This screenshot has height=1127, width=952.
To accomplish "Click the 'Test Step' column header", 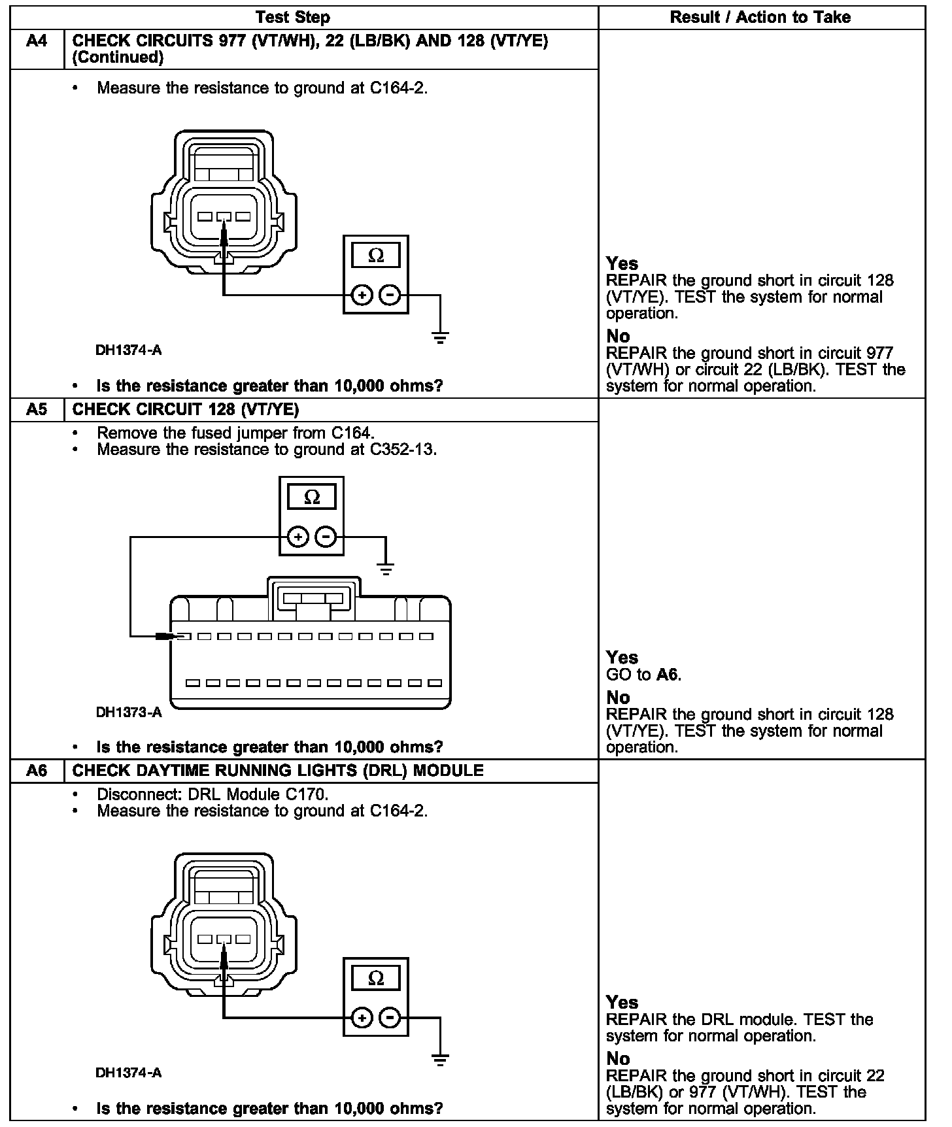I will (293, 18).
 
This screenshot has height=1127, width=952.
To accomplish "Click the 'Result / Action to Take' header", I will (760, 18).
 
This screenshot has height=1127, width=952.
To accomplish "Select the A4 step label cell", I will (37, 41).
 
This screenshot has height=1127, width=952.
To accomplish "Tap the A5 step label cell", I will (37, 410).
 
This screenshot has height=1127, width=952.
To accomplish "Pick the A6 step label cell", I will (37, 771).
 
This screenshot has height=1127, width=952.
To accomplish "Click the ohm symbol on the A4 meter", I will (376, 256).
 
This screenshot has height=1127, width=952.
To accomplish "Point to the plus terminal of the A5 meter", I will (298, 537).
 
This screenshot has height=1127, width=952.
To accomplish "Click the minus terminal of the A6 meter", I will (390, 1018).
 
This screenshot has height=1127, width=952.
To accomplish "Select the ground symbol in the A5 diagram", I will (386, 569).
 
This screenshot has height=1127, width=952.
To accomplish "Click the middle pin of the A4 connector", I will (224, 216).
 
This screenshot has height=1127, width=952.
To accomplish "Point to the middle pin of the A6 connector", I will (224, 939).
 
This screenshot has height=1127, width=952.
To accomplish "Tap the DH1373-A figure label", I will (129, 713).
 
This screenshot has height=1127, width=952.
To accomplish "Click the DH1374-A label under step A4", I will (129, 350).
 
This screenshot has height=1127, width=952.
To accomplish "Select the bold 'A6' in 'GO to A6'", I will (668, 675).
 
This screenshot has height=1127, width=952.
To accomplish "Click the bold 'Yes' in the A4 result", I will (622, 263).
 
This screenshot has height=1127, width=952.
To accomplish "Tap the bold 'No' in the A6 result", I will (618, 1058).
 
